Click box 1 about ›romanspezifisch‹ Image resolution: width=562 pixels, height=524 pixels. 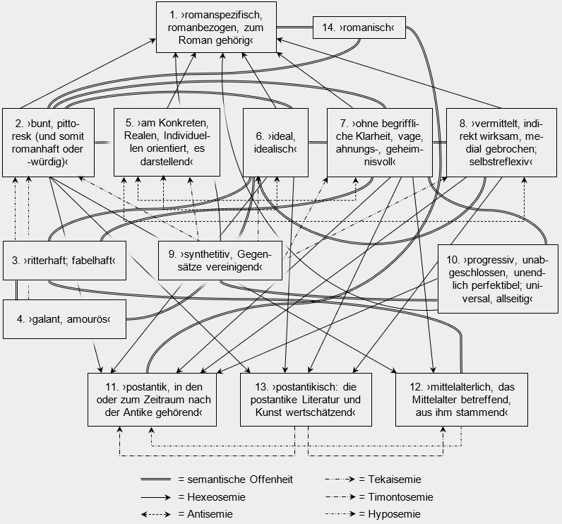pyautogui.click(x=216, y=28)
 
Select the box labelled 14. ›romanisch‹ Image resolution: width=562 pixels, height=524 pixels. pyautogui.click(x=359, y=28)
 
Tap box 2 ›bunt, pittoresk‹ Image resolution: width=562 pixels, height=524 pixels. pyautogui.click(x=49, y=143)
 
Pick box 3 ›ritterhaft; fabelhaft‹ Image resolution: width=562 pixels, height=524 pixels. pyautogui.click(x=64, y=261)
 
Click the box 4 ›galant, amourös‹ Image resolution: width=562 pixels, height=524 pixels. pyautogui.click(x=64, y=319)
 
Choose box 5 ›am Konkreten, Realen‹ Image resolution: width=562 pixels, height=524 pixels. pyautogui.click(x=167, y=142)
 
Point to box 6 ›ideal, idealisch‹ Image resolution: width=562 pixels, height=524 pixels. pyautogui.click(x=275, y=143)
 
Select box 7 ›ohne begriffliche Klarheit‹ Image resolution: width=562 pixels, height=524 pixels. pyautogui.click(x=380, y=143)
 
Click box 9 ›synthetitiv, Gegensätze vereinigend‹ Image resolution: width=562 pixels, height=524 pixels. pyautogui.click(x=220, y=261)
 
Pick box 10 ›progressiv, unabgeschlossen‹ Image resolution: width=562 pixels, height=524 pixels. pyautogui.click(x=498, y=279)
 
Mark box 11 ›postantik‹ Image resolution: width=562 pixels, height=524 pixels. pyautogui.click(x=153, y=400)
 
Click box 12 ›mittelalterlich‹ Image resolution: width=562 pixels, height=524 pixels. pyautogui.click(x=462, y=400)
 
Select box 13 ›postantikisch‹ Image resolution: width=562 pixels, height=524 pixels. pyautogui.click(x=306, y=400)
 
